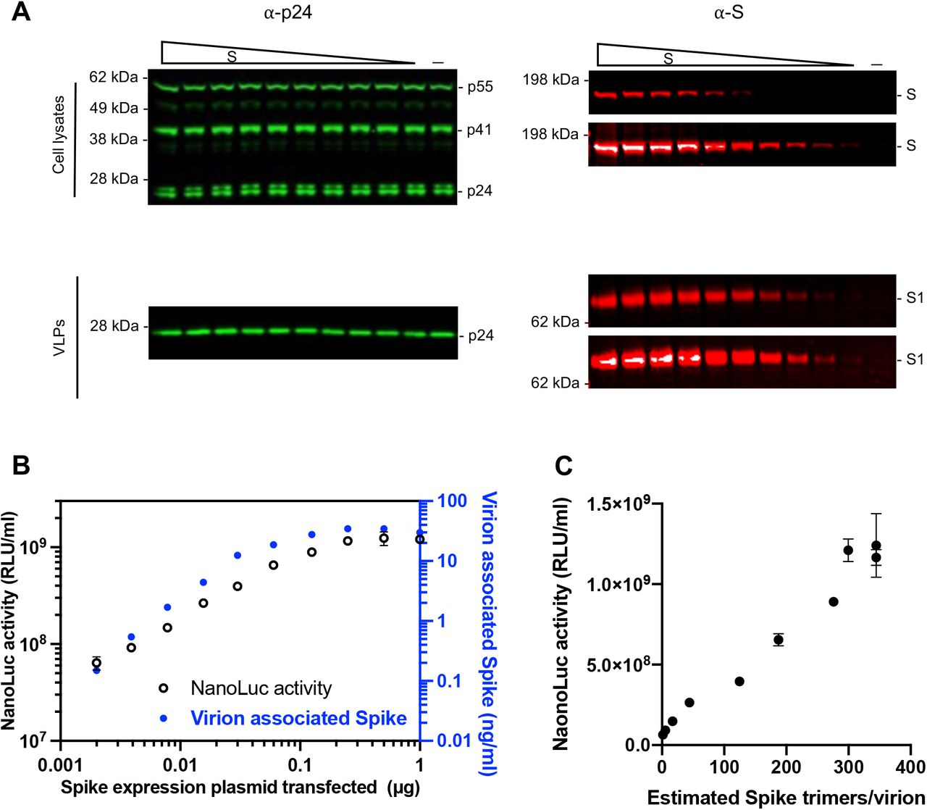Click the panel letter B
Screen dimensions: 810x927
[20, 464]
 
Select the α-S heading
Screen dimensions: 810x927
[728, 14]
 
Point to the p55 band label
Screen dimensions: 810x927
[479, 87]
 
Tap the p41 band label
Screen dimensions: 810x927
[479, 130]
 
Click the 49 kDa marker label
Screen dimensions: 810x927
[113, 109]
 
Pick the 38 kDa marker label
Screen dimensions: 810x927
[113, 140]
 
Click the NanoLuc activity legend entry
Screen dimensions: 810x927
[261, 688]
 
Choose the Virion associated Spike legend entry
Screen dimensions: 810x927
[298, 718]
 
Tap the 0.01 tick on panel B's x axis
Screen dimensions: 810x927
[180, 766]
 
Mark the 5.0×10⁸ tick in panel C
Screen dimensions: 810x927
[613, 664]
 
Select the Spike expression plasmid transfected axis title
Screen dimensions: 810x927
[240, 787]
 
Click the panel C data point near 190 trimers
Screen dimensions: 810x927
[779, 640]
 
